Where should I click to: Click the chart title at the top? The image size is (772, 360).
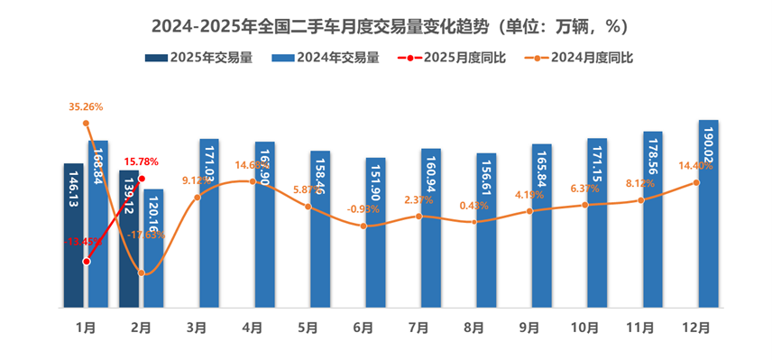click(x=385, y=24)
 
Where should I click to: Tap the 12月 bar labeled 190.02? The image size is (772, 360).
click(x=708, y=217)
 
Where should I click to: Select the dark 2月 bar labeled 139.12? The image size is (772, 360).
click(x=129, y=240)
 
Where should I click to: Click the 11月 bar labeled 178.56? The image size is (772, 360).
click(x=653, y=220)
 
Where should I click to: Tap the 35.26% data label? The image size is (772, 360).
click(x=86, y=106)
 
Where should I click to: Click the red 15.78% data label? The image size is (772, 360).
click(x=141, y=162)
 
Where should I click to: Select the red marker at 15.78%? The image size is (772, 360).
click(x=142, y=179)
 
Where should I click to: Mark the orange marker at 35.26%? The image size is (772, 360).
click(x=86, y=123)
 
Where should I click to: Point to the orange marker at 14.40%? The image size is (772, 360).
click(x=697, y=182)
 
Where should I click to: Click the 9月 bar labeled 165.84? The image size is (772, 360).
click(x=542, y=226)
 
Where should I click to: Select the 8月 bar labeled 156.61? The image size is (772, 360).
click(x=486, y=231)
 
